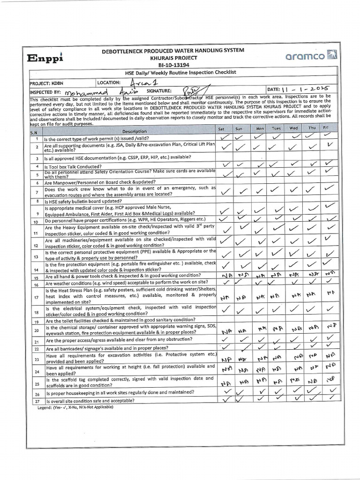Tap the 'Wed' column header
pyautogui.click(x=293, y=128)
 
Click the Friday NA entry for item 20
pyautogui.click(x=330, y=326)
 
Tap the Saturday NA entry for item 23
pyautogui.click(x=226, y=360)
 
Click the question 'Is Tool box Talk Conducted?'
pyautogui.click(x=73, y=167)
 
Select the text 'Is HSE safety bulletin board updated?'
pyautogui.click(x=83, y=201)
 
